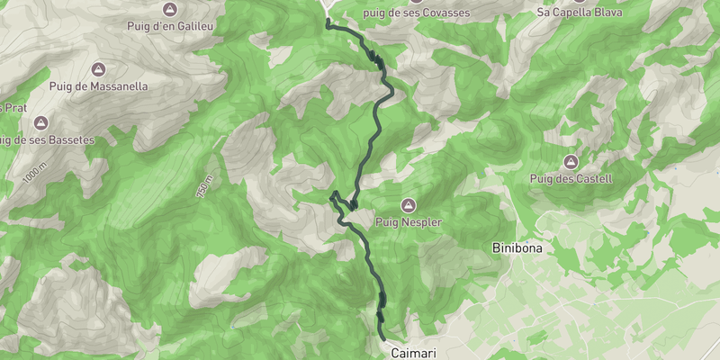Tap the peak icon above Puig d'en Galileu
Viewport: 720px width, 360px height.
(x=169, y=9)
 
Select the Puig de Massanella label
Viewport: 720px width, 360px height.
(x=99, y=85)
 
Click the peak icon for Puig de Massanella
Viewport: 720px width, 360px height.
(x=99, y=69)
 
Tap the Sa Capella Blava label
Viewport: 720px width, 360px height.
(x=579, y=13)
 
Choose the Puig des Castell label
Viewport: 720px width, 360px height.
(x=571, y=178)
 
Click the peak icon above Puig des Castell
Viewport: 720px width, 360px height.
(x=571, y=162)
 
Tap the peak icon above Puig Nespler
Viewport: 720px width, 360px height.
(x=409, y=204)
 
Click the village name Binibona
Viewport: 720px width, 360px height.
(x=517, y=247)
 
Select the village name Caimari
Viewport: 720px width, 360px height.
(x=414, y=354)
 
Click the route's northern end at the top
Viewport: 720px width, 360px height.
(x=327, y=20)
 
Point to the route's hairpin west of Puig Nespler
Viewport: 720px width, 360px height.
(x=333, y=194)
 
